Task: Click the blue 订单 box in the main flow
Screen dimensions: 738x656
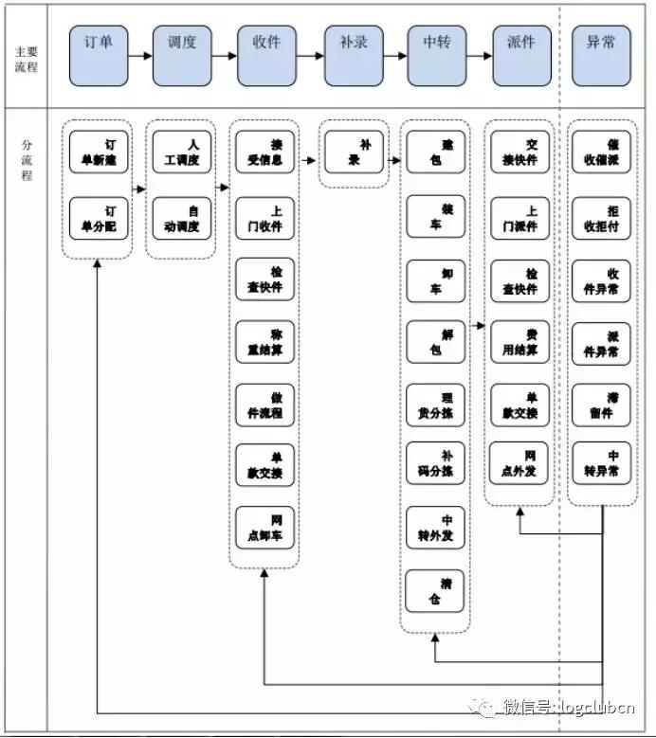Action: pos(99,54)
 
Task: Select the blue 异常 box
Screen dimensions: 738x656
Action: pos(601,54)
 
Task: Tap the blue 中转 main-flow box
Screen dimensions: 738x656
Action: pos(437,54)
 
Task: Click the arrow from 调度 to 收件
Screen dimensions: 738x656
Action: pos(223,55)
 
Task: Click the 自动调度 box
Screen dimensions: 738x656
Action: pos(182,220)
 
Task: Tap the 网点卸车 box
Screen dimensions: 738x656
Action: pos(265,529)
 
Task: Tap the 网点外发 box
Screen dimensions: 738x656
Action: pos(519,462)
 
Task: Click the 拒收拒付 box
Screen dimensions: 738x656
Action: pos(601,220)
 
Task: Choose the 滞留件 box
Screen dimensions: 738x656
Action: pos(601,405)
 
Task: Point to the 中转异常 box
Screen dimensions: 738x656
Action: pos(601,462)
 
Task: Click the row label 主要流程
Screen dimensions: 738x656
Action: pos(27,59)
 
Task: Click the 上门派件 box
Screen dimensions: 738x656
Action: pos(519,220)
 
